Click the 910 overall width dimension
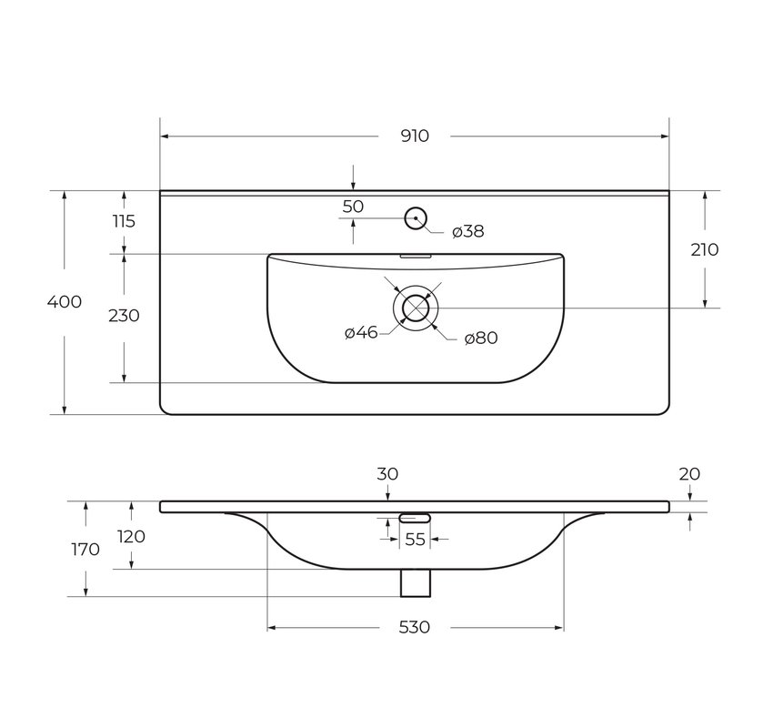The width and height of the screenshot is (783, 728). tap(415, 136)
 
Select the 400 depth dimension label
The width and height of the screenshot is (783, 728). tap(65, 302)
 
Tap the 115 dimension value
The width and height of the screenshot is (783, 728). tap(124, 221)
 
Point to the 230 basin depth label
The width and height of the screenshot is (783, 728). tap(124, 316)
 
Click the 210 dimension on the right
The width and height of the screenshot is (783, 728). tap(705, 249)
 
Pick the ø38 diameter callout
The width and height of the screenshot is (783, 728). tap(468, 231)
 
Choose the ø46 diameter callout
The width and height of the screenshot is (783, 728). tap(361, 332)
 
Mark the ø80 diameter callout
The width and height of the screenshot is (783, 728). tap(481, 338)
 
